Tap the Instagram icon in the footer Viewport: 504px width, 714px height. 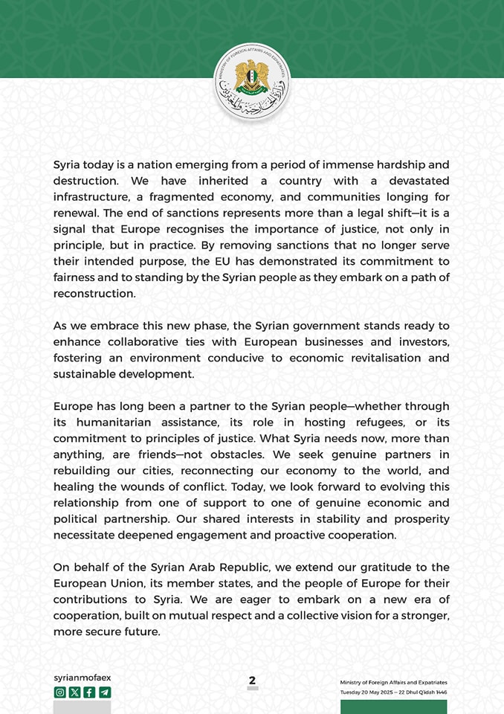tap(59, 692)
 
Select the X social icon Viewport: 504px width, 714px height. tap(74, 692)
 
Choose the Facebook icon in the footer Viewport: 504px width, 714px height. tap(89, 692)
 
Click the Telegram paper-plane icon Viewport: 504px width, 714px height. tap(105, 692)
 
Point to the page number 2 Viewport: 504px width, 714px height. tap(252, 681)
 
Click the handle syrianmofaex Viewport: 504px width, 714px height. tap(82, 678)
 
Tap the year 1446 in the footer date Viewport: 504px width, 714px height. tap(442, 692)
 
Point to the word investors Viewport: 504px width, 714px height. tap(421, 341)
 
